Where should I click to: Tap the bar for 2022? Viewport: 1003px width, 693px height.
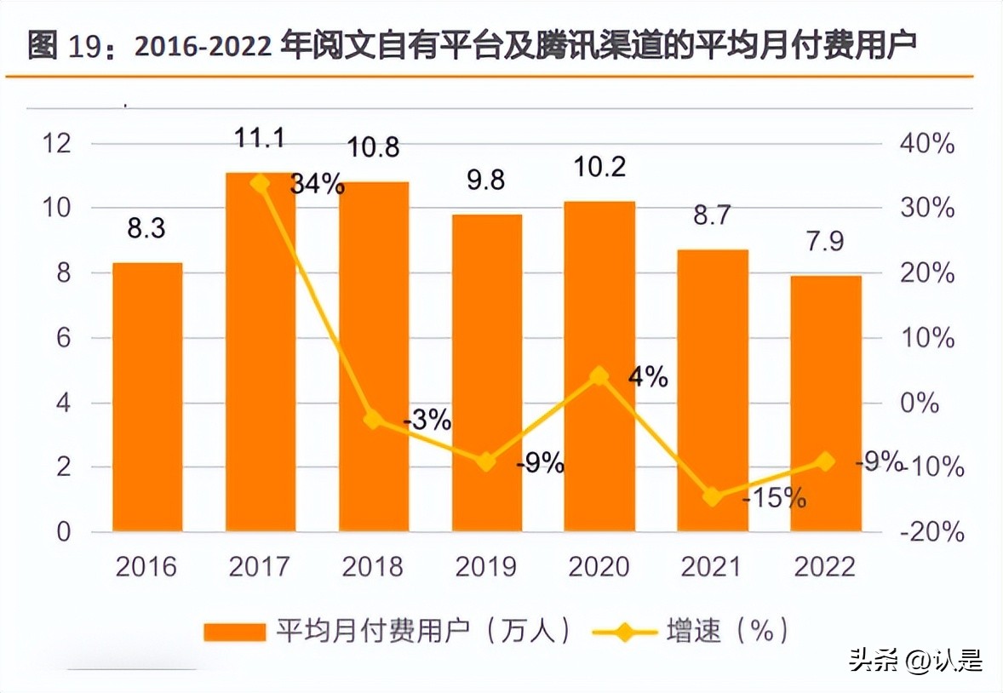(x=826, y=404)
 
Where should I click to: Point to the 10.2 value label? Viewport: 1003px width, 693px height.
(x=599, y=167)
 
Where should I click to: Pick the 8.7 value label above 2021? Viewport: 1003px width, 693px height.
(x=713, y=215)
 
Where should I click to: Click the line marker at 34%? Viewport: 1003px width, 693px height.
(x=261, y=183)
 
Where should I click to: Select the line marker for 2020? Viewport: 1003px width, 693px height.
(x=599, y=376)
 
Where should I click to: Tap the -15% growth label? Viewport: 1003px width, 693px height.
(x=773, y=498)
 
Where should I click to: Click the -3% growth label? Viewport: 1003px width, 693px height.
(x=426, y=420)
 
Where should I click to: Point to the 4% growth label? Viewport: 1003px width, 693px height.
(x=649, y=377)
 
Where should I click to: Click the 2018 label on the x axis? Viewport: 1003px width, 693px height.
(x=373, y=566)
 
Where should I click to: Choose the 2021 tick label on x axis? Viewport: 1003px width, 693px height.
(x=713, y=566)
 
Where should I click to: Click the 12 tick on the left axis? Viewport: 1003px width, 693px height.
(x=57, y=144)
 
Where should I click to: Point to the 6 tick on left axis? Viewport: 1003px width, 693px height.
(x=64, y=338)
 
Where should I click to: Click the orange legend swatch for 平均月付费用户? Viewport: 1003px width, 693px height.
(x=234, y=632)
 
